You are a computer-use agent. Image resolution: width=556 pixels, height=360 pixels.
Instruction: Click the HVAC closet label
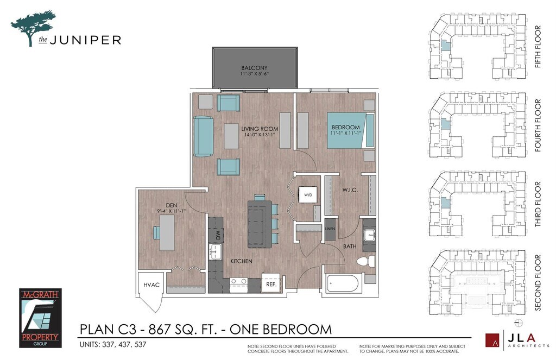151,285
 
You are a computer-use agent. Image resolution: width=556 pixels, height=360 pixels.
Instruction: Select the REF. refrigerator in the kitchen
271,283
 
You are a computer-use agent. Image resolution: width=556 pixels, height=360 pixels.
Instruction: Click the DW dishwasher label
218,235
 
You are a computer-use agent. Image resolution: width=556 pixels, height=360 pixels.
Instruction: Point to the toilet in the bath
366,261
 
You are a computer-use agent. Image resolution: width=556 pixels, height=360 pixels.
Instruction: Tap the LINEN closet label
330,229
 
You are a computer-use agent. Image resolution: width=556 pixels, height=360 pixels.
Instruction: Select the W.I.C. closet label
350,190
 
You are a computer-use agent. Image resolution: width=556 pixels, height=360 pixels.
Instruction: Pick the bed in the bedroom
350,130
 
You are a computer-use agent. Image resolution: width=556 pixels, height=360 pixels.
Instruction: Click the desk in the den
167,233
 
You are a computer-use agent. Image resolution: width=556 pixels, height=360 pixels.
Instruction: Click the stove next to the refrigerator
239,285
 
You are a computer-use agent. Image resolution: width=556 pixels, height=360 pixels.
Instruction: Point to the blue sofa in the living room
204,136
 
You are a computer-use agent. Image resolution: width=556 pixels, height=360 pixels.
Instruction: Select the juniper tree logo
33,28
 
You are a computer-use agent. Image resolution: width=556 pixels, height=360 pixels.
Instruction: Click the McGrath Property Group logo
40,318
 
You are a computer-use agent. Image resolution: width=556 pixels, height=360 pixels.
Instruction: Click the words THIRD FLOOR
538,204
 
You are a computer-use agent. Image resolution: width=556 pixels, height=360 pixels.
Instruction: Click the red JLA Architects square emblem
492,340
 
